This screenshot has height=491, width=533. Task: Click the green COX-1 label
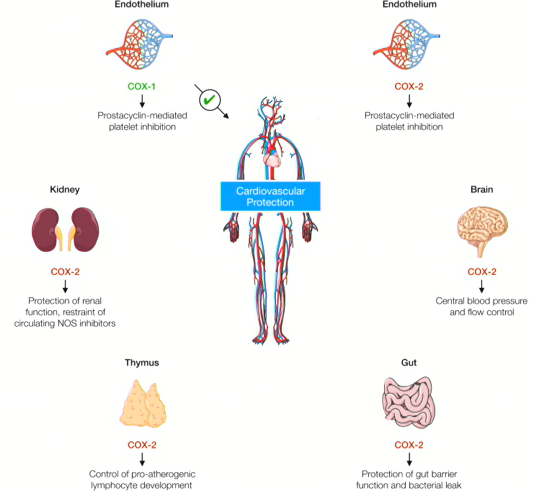click(142, 86)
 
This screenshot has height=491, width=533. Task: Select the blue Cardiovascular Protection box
click(270, 197)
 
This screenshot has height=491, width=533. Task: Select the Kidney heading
click(65, 189)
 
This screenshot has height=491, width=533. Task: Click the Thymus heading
click(142, 363)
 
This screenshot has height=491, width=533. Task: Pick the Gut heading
click(409, 363)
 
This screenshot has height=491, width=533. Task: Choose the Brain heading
click(482, 189)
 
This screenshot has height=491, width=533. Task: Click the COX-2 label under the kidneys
click(65, 272)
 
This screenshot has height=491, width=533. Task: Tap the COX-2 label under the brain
click(482, 272)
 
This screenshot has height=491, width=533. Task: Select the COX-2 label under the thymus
click(142, 445)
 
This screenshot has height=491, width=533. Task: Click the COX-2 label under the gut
click(409, 445)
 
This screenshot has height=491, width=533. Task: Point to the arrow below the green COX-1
click(142, 100)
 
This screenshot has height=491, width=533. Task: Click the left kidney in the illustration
click(45, 230)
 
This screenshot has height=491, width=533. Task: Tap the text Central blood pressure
click(482, 301)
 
